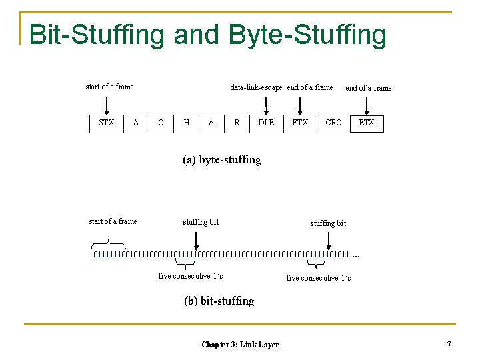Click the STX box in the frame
coord(106,123)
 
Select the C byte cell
coord(161,123)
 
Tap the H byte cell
coord(186,123)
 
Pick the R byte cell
coord(237,123)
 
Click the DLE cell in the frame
coord(266,123)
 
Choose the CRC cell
coord(333,123)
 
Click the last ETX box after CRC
coord(367,123)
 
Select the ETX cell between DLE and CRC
coord(300,123)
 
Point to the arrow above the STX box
coord(107,105)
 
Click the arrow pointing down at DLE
coord(267,105)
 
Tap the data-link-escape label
coord(256,87)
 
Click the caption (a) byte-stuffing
coord(221,159)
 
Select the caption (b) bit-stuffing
coord(219,301)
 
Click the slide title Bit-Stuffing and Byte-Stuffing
coord(207,35)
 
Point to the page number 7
coord(449,344)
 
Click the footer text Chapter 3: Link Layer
coord(240,344)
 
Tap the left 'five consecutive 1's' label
coord(191,276)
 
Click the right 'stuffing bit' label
coord(328,223)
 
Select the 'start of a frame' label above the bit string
coord(113,221)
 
